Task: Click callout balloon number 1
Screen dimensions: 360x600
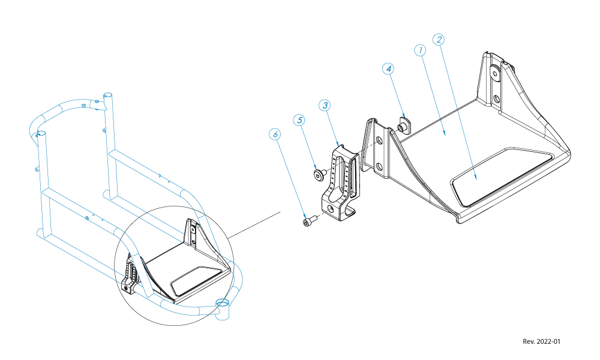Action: [421, 50]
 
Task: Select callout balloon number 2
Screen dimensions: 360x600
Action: [439, 40]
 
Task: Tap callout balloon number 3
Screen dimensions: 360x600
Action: [325, 105]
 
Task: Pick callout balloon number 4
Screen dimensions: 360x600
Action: [389, 69]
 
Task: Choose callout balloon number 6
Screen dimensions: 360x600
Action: [275, 134]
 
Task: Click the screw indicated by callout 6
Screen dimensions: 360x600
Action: [308, 222]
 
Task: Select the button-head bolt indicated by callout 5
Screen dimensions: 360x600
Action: [319, 175]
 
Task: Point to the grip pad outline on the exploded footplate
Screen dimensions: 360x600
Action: [501, 174]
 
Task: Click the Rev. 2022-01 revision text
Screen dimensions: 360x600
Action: [541, 341]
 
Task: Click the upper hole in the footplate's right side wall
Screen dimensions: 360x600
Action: [495, 73]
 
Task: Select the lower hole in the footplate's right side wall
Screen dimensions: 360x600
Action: [497, 97]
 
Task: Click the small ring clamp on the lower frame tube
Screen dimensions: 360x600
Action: [222, 303]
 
